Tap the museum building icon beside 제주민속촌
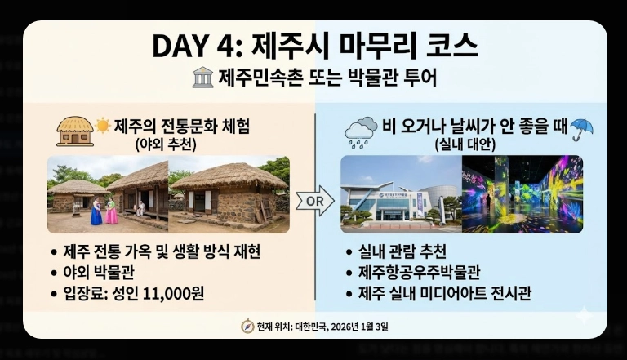tap(202, 78)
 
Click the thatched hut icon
tap(74, 130)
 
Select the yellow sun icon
tap(103, 126)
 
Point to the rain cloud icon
tap(360, 131)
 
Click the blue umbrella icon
tap(581, 128)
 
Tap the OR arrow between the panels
tap(314, 200)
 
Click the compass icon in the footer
tap(247, 326)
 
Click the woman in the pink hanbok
tap(111, 209)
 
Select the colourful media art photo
tap(522, 194)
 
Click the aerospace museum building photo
tap(399, 194)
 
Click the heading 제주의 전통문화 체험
tap(181, 126)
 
